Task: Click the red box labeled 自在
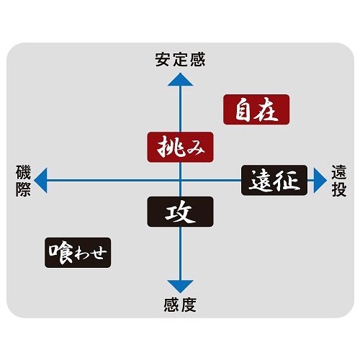pos(256,109)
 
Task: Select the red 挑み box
pos(180,147)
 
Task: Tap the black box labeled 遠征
pos(274,180)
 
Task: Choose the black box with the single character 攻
pos(180,212)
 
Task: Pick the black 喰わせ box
pos(78,253)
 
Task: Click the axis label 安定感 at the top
pos(180,60)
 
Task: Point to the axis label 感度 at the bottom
pos(180,305)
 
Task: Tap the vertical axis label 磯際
pos(23,181)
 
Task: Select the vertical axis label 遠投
pos(339,181)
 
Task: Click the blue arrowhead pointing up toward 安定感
pos(180,81)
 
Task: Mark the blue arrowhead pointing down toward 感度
pos(180,286)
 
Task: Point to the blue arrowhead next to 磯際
pos(41,180)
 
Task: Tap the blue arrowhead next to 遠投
pos(320,180)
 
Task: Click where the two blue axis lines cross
pos(180,180)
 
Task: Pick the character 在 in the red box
pos(266,110)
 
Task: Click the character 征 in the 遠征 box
pos(287,181)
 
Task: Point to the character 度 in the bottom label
pos(189,305)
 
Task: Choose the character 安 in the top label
pos(163,60)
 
